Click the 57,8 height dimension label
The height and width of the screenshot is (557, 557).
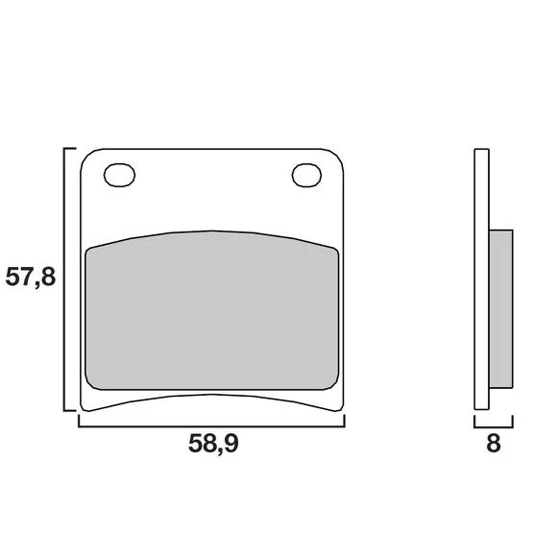coord(31,278)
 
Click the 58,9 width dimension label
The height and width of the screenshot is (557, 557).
coord(213,444)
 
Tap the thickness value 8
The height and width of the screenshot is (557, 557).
coord(494,444)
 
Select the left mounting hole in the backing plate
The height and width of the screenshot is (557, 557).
coord(119,175)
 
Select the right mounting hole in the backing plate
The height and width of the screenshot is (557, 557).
coord(307,175)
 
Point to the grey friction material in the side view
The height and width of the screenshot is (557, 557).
coord(501,308)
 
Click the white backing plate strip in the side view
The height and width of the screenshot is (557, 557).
coord(482,279)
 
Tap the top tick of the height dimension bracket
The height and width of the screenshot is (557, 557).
coord(70,148)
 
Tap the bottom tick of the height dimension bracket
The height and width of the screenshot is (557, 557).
coord(70,411)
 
